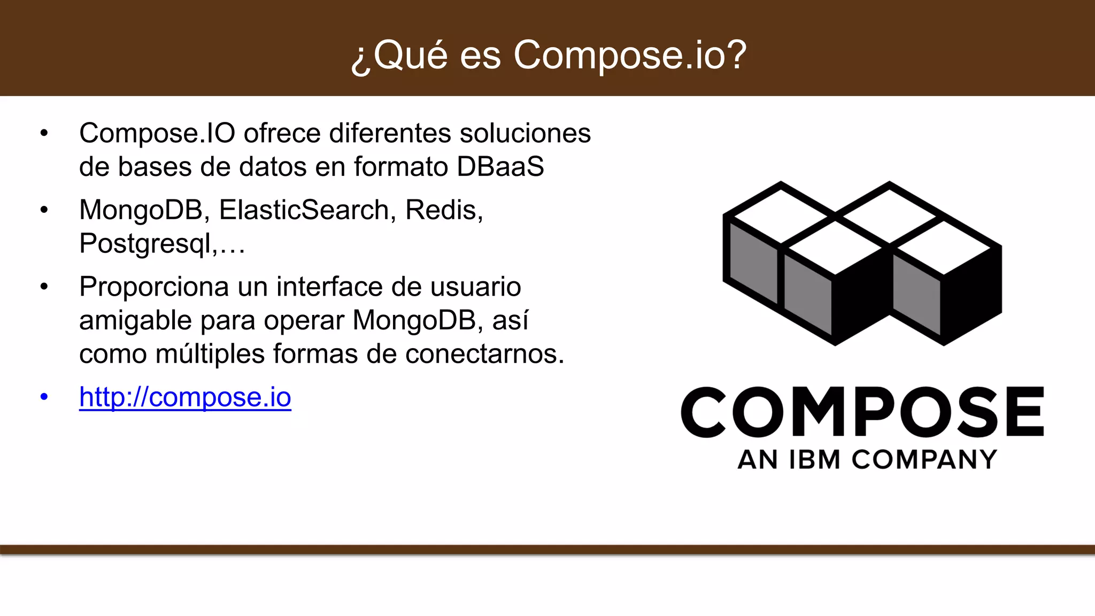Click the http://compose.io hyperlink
[x=185, y=397]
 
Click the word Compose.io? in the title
[x=630, y=55]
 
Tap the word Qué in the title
[x=410, y=55]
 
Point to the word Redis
[x=443, y=210]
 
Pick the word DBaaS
[x=500, y=166]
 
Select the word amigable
[x=135, y=321]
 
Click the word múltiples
[x=210, y=354]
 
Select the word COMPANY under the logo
[x=924, y=460]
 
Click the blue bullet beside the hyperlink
[x=44, y=397]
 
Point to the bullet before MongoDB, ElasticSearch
[x=44, y=210]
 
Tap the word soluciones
[x=525, y=133]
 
